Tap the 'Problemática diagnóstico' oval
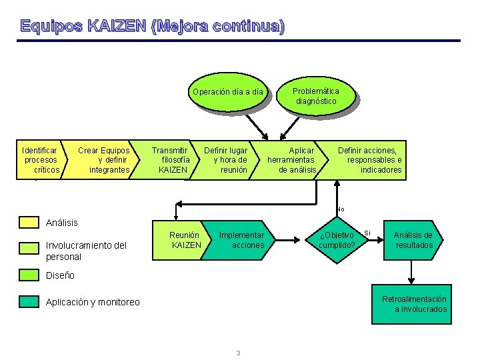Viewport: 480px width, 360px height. pos(316,96)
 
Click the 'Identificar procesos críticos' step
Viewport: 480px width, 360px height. pos(40,160)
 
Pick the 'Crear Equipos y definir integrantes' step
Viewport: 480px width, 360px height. pos(104,160)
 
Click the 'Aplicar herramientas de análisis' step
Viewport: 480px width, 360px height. pos(292,160)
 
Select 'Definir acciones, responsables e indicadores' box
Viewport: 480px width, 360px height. pos(370,160)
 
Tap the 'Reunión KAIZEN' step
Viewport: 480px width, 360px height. pos(185,240)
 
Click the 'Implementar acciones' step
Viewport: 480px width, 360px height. pos(241,240)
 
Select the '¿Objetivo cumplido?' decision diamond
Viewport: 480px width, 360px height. pos(337,240)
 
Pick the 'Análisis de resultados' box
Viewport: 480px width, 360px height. pos(413,240)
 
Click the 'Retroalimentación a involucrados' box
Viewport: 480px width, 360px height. pos(413,304)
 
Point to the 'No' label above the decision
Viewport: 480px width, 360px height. pos(340,209)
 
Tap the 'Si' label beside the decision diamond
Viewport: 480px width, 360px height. pos(367,233)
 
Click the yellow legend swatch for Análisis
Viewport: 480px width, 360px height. pos(29,222)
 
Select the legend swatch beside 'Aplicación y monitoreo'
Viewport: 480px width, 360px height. pos(29,302)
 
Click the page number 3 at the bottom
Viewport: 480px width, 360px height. pos(238,353)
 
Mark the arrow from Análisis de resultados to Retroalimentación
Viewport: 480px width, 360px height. pos(413,271)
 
